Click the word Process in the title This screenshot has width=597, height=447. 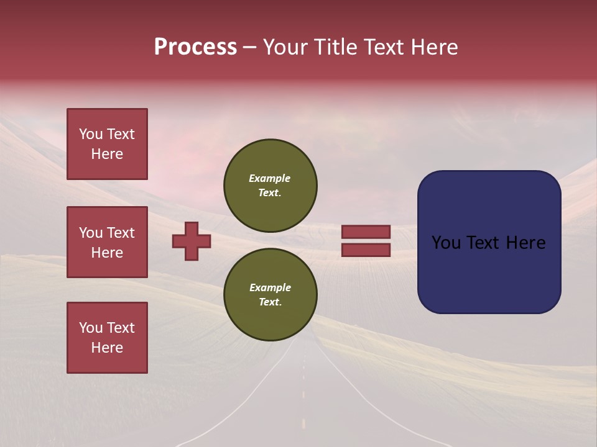click(195, 47)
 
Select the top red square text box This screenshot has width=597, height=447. click(107, 144)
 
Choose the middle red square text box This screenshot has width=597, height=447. click(107, 242)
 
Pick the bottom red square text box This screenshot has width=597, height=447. click(107, 337)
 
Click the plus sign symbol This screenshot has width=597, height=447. click(192, 241)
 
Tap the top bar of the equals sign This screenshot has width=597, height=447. click(366, 232)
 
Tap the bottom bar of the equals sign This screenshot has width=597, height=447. click(366, 250)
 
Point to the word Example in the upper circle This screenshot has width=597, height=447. click(270, 178)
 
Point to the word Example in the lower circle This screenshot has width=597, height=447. click(270, 287)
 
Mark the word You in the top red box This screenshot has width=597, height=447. click(91, 134)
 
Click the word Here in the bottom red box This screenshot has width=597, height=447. click(107, 348)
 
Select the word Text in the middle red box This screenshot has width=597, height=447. click(121, 233)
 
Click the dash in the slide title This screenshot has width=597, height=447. click(249, 47)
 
